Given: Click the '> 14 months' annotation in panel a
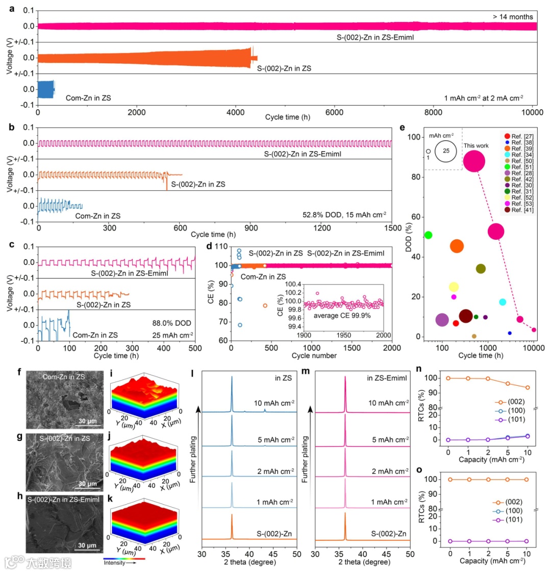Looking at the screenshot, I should [513, 17].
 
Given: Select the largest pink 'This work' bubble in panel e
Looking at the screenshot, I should [474, 161].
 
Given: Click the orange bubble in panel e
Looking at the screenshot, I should [457, 246].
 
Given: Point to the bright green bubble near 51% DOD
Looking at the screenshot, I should [428, 235].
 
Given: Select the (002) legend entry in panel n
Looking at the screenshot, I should [513, 402].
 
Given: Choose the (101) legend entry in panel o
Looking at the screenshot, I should [513, 520].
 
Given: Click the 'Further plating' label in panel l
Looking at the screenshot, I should [193, 459].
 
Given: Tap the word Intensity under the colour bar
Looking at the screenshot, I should [114, 563].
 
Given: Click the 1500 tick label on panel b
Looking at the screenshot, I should [392, 228].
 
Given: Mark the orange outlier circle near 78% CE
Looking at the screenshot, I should [265, 306].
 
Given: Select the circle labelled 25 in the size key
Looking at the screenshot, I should [446, 152].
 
